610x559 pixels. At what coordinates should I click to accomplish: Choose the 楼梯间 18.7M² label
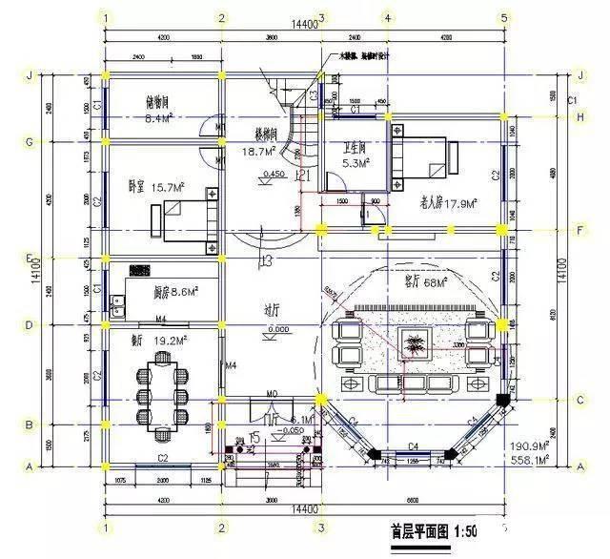point(258,144)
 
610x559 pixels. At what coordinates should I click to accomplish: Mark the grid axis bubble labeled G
point(30,141)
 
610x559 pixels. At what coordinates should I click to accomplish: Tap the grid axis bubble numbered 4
point(387,18)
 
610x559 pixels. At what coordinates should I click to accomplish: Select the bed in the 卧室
point(185,221)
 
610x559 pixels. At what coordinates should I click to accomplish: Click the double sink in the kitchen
point(119,306)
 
